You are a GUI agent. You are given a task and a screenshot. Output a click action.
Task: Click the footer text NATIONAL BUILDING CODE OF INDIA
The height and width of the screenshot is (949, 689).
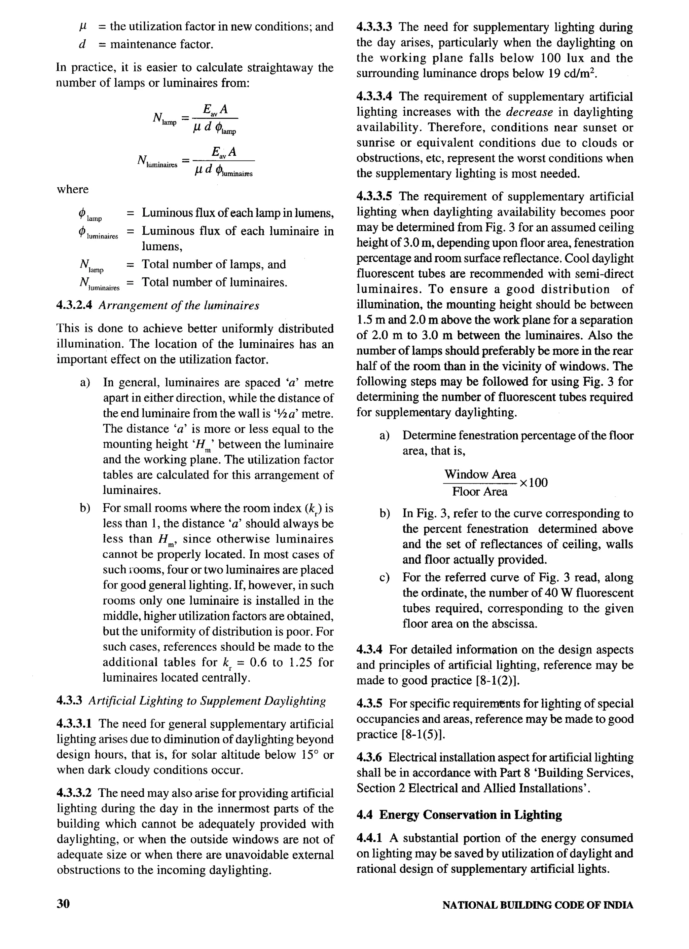coord(538,905)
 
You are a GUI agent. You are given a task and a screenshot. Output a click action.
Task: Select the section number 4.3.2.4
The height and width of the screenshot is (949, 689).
coord(74,305)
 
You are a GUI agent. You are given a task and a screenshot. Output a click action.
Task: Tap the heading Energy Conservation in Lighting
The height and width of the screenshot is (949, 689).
coord(471,815)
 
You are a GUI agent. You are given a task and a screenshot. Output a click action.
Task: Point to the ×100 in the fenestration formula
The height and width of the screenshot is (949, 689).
coord(533,483)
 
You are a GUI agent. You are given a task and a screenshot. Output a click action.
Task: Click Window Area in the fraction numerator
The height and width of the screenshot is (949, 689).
coord(480,474)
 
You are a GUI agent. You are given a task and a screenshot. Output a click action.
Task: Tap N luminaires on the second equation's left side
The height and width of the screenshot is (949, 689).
coord(156,161)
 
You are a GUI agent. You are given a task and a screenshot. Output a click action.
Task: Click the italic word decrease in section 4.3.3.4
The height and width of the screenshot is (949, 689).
coord(530,112)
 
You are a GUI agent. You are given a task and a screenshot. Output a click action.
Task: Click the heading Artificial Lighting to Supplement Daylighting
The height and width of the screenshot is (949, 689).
coord(207,701)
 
